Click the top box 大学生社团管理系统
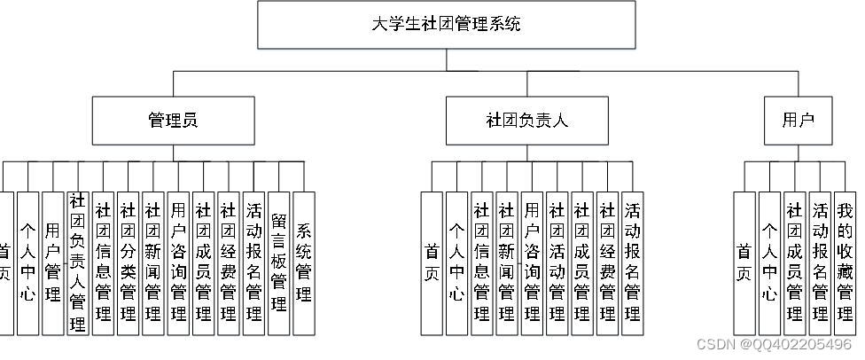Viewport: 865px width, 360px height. pos(446,24)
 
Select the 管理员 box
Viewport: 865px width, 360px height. pos(172,121)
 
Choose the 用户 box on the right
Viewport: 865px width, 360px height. pos(798,121)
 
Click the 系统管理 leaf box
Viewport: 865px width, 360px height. pos(304,262)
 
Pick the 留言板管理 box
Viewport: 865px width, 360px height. pos(279,262)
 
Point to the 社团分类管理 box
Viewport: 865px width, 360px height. pos(129,262)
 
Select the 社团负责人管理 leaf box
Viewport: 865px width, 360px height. pos(78,262)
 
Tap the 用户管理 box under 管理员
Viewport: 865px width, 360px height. pos(53,262)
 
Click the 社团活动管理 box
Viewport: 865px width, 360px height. pos(557,262)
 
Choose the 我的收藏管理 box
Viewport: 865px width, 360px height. pos(845,262)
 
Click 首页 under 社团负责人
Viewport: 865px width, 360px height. pos(432,262)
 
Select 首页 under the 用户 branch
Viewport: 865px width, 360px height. pos(744,262)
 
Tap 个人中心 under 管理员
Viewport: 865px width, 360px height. pos(28,262)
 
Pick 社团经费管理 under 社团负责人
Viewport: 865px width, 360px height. pos(608,262)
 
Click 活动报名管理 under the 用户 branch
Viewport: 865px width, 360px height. pos(820,262)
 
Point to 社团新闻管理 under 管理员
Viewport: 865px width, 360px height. pos(153,262)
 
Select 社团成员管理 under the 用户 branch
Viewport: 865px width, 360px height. pos(795,262)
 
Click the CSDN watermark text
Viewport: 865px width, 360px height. pos(774,344)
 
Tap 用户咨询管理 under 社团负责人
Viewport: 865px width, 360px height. pos(533,262)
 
